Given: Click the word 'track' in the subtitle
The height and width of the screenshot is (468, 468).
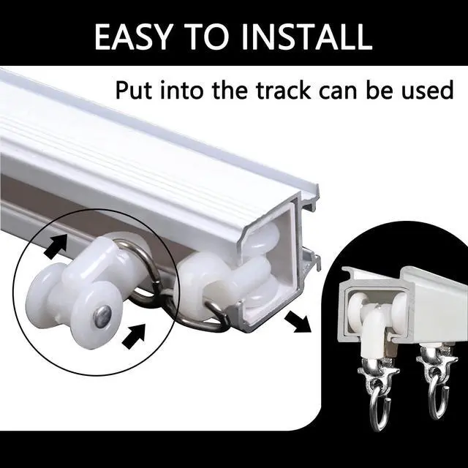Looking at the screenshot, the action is [284, 90].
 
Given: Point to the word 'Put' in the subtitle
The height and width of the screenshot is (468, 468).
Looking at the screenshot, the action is [134, 90].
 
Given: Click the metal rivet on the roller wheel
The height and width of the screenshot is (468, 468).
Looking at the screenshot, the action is [102, 313].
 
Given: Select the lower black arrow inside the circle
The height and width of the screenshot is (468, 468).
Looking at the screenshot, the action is [134, 336].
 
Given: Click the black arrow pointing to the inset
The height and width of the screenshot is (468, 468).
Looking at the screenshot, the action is [298, 322].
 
